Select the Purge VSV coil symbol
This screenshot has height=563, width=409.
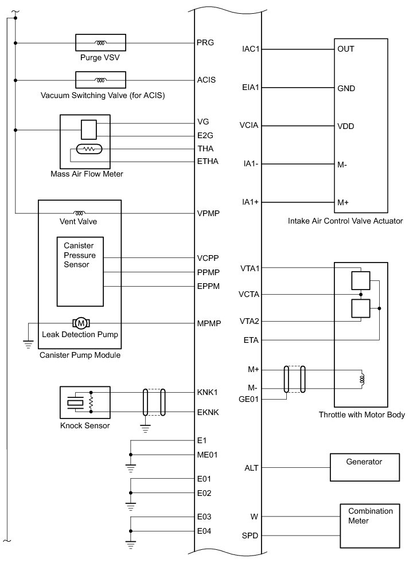pyautogui.click(x=101, y=43)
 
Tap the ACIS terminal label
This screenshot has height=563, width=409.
pyautogui.click(x=206, y=80)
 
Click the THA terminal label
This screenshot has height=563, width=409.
pyautogui.click(x=205, y=148)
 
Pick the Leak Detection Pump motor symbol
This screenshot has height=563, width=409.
pyautogui.click(x=79, y=323)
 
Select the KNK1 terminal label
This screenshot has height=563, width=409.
pyautogui.click(x=207, y=393)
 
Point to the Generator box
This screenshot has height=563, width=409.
pyautogui.click(x=364, y=467)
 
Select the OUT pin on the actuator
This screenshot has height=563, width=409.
pyautogui.click(x=346, y=49)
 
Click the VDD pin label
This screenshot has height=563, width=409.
pyautogui.click(x=346, y=126)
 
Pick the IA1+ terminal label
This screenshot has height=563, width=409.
pyautogui.click(x=251, y=202)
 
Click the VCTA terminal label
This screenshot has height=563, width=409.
pyautogui.click(x=250, y=295)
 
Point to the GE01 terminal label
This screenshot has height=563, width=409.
pyautogui.click(x=251, y=398)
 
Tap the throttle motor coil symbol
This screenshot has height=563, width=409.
pyautogui.click(x=362, y=379)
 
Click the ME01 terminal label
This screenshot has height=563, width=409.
pyautogui.click(x=207, y=455)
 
